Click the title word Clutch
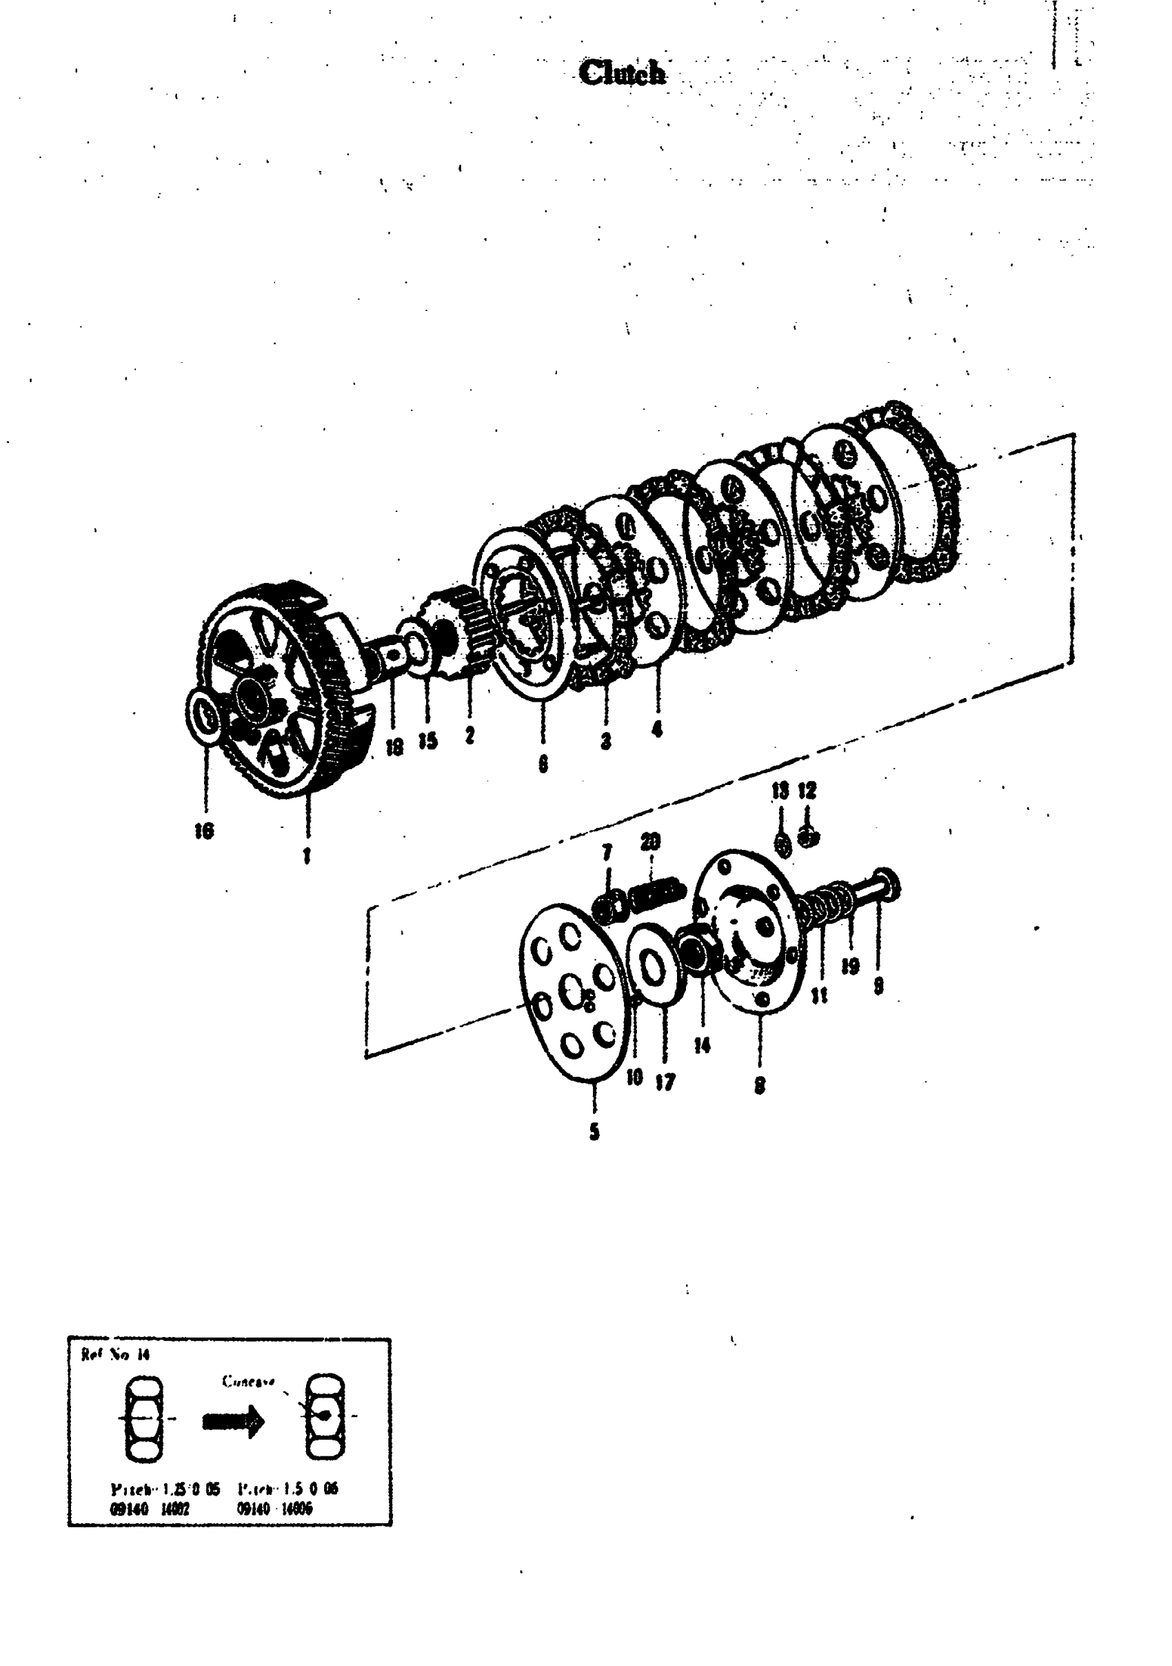coord(623,72)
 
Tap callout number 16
coord(205,831)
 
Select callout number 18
coord(394,746)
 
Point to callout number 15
coord(428,741)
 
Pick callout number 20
coord(651,842)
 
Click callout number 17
coord(665,1082)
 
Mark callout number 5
coord(595,1131)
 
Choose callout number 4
coord(657,729)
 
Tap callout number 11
coord(820,996)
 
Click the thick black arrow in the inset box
coord(234,1420)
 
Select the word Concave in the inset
coord(248,1381)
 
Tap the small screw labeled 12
coord(808,837)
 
